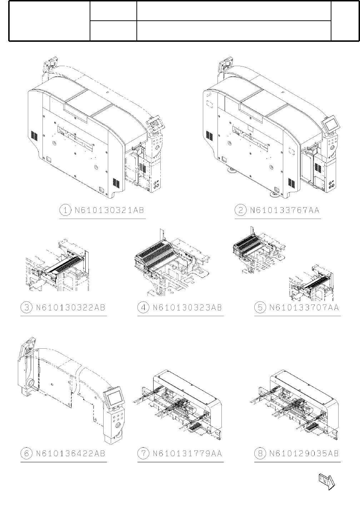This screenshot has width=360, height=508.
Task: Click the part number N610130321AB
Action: (x=110, y=210)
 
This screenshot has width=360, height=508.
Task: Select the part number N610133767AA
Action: (x=285, y=210)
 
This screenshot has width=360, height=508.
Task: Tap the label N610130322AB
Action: (x=71, y=308)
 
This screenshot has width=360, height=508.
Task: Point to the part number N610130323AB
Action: (x=187, y=308)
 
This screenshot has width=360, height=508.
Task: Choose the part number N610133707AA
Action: (x=304, y=308)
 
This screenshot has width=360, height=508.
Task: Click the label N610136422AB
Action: (x=71, y=453)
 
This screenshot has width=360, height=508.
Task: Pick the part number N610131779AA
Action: (x=187, y=453)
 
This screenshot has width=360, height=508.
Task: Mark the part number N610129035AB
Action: (x=304, y=453)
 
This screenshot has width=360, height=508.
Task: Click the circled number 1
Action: (x=65, y=210)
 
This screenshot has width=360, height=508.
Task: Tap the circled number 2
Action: (x=240, y=210)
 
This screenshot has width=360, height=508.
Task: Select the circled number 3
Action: (x=26, y=308)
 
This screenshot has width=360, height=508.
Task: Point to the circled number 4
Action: (x=143, y=308)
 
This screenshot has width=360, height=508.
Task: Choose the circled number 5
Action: (x=260, y=308)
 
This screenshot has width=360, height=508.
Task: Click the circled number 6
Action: (x=26, y=453)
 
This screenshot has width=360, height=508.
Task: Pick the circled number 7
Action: (x=143, y=453)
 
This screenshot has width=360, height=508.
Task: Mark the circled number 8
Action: (x=260, y=453)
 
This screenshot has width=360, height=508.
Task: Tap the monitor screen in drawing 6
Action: (x=115, y=398)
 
